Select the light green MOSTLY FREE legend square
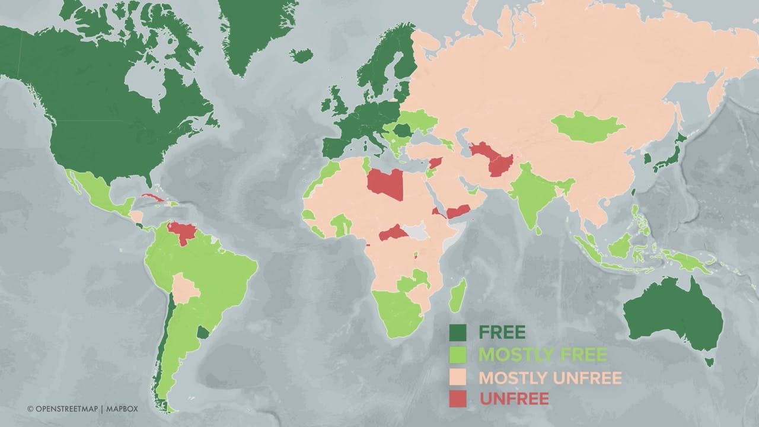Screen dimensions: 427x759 point(458,355)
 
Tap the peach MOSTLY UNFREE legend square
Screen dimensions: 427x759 point(458,377)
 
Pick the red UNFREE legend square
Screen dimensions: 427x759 point(458,399)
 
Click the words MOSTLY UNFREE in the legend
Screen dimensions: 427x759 point(550,378)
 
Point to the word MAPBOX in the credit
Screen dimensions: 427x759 point(123,409)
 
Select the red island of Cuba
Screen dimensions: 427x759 point(153,197)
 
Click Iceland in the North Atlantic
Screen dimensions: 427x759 point(301,56)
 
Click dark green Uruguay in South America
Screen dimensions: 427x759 point(203,332)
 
